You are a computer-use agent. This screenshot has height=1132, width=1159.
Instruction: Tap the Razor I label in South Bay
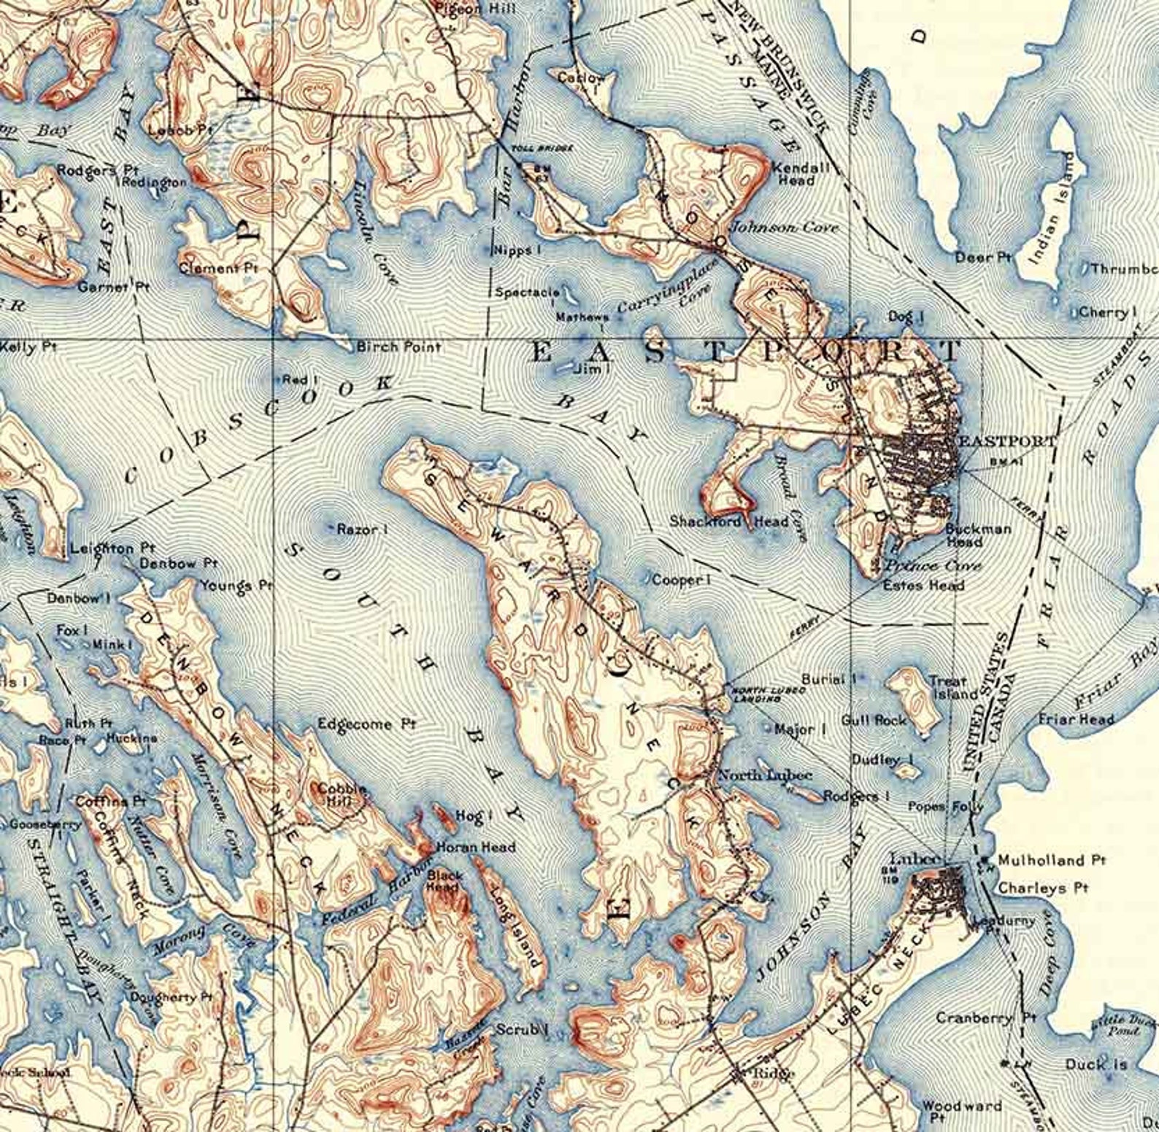coord(361,530)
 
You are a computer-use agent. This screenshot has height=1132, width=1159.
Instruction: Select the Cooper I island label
coord(681,580)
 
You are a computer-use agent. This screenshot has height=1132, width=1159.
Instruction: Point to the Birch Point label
coord(398,347)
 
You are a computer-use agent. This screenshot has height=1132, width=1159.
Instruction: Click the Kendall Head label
coord(800,173)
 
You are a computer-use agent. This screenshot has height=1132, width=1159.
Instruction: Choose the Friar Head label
coord(1076,719)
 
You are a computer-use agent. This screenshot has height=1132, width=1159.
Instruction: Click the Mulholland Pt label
coord(1051,861)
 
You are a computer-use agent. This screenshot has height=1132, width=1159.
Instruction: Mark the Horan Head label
coord(475,847)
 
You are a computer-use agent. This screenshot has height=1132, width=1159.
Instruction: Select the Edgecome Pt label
coord(366,724)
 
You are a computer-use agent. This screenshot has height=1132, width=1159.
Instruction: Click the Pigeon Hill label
coord(485,9)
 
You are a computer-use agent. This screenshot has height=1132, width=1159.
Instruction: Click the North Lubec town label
coord(765,775)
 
